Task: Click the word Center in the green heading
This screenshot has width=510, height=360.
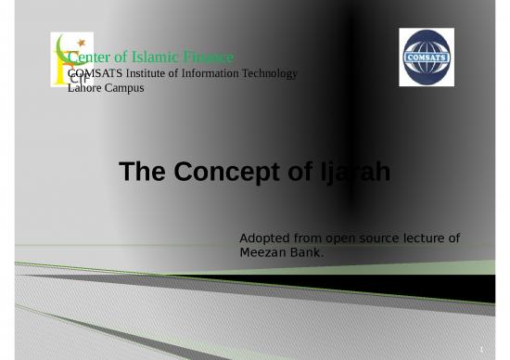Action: [x=90, y=58]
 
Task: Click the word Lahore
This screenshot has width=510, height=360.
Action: [x=88, y=86]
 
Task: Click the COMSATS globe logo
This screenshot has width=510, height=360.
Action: [x=426, y=57]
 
